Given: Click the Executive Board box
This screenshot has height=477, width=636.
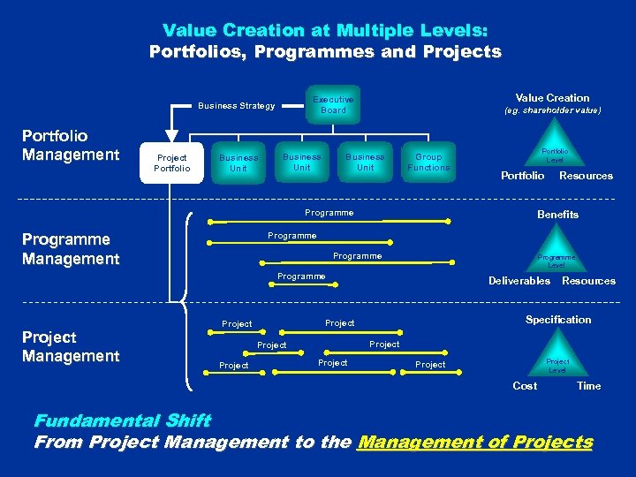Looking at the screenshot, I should (x=333, y=105).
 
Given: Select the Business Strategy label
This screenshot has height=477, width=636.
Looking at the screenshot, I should (x=236, y=106).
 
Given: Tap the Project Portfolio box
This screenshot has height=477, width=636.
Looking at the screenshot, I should (x=171, y=163).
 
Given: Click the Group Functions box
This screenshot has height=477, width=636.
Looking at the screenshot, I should (x=428, y=163).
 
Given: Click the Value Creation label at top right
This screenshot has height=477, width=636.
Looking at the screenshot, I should (x=552, y=98).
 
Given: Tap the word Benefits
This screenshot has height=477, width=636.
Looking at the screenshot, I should (x=557, y=215).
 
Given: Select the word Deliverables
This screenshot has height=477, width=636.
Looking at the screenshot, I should (x=519, y=281).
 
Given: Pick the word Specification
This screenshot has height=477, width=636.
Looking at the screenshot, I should (x=558, y=320).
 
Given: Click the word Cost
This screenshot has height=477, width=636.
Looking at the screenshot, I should (x=525, y=386).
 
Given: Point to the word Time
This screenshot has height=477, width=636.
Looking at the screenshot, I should (x=588, y=386).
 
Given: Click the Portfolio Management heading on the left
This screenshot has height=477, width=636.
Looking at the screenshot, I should (x=70, y=146).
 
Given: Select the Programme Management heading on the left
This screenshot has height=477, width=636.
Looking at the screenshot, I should (x=71, y=249).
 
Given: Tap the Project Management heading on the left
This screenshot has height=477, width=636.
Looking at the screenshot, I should (x=71, y=346).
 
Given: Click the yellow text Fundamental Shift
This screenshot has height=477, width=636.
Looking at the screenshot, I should (x=122, y=421).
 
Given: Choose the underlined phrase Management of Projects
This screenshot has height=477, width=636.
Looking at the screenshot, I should (x=474, y=443).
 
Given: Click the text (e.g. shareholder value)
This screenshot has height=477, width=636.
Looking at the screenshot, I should (x=552, y=111).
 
